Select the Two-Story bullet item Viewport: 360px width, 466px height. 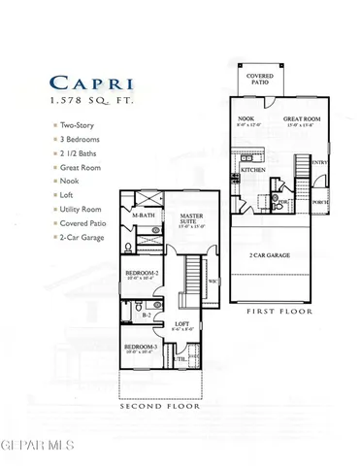click(67, 125)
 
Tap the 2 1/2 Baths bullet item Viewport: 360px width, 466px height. click(68, 153)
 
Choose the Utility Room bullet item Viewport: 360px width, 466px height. click(72, 209)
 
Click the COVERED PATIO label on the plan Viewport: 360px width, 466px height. click(260, 80)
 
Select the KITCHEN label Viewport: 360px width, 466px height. click(253, 170)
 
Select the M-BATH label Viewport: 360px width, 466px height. click(144, 216)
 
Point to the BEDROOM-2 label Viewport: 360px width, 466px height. click(142, 273)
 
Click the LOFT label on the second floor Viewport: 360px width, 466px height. click(180, 324)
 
